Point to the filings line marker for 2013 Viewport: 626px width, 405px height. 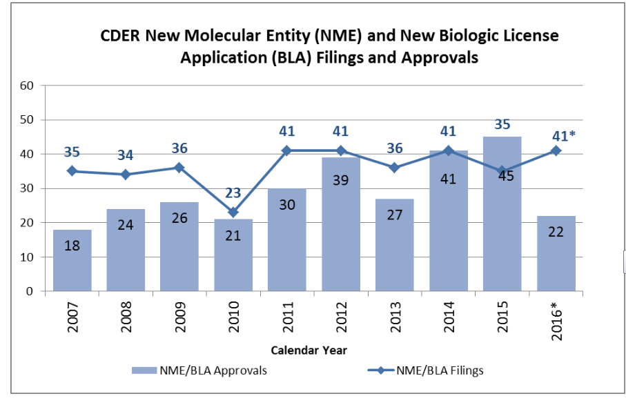pyautogui.click(x=394, y=168)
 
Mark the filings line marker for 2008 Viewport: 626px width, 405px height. pyautogui.click(x=125, y=175)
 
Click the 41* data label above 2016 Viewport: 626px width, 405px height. pyautogui.click(x=558, y=136)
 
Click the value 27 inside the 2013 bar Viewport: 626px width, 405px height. pyautogui.click(x=394, y=235)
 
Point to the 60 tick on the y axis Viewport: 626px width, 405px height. pyautogui.click(x=27, y=86)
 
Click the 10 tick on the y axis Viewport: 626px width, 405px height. pyautogui.click(x=27, y=257)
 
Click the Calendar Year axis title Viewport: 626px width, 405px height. pyautogui.click(x=309, y=350)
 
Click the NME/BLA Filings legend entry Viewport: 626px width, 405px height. pyautogui.click(x=431, y=371)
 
